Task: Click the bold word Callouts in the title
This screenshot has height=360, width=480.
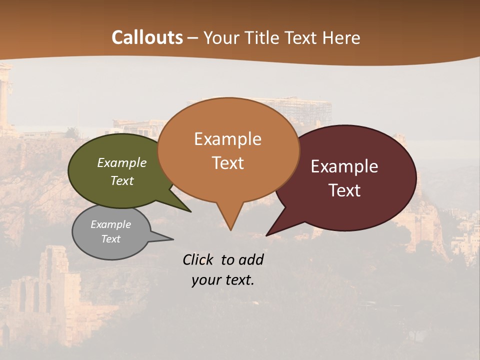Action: (147, 37)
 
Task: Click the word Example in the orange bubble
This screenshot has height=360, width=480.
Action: (227, 139)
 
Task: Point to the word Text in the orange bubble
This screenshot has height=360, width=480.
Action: (227, 163)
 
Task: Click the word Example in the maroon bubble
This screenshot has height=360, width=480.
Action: (344, 166)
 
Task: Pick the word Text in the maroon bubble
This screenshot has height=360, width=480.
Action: (344, 190)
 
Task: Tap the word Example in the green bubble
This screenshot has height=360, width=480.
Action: (122, 163)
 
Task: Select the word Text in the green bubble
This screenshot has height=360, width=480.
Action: (122, 180)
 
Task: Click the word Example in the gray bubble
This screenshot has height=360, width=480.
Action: (111, 224)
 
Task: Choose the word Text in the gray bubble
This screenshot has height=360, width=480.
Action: (111, 239)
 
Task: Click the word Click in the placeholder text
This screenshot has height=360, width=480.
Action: (198, 259)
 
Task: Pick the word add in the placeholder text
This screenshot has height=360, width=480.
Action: (250, 259)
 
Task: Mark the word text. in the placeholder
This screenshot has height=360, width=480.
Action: (238, 280)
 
